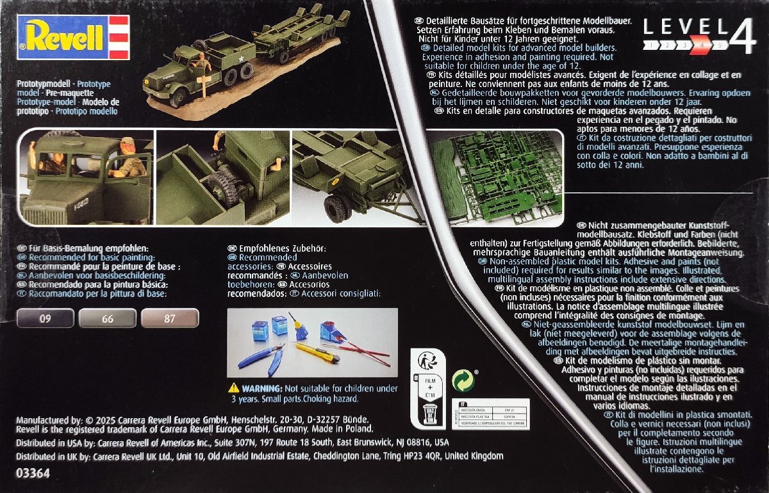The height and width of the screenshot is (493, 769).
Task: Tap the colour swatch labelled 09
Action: (x=45, y=318)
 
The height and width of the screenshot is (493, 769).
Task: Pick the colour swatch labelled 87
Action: (x=169, y=318)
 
